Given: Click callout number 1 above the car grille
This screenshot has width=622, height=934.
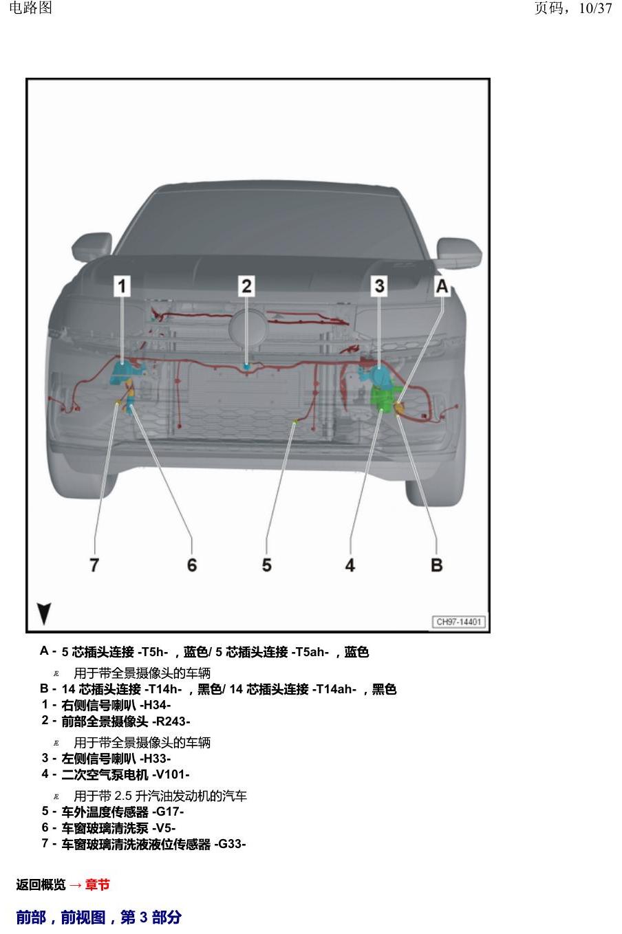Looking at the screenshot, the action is [x=122, y=286].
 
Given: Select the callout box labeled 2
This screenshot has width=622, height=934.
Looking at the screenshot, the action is [x=246, y=286].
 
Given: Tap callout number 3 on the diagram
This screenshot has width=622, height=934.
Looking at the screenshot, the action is [x=379, y=286].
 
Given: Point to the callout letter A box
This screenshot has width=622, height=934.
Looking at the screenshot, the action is [x=442, y=286].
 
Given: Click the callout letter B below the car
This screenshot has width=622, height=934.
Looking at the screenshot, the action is [x=436, y=565].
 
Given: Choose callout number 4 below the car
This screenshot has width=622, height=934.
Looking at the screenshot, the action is [x=350, y=565].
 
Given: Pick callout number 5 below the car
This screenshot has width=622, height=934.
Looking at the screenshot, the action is [x=266, y=565].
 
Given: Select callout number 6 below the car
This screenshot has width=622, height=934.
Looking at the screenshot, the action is [x=192, y=565].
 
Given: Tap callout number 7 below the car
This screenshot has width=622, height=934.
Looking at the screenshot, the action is [x=95, y=565].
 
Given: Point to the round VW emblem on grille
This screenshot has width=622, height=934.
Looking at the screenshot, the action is [x=248, y=329].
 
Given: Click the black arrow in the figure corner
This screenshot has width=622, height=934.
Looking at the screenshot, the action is [x=44, y=613].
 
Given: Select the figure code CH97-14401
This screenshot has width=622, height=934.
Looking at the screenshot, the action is [x=458, y=622].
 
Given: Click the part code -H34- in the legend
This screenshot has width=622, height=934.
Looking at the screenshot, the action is [x=155, y=705].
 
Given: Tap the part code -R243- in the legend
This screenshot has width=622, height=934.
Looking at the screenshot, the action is [x=171, y=721].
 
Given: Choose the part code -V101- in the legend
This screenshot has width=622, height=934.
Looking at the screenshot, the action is [x=171, y=774].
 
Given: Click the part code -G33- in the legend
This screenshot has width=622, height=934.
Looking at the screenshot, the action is [x=230, y=844].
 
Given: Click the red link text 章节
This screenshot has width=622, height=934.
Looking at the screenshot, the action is [x=98, y=884].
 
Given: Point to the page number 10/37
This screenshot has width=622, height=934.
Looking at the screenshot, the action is [x=595, y=8].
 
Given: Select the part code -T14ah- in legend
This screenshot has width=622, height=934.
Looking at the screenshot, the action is [x=334, y=689].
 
